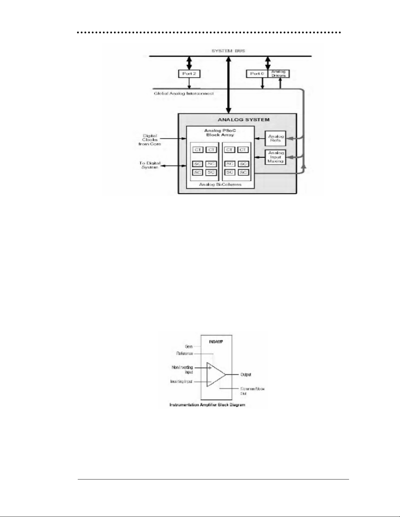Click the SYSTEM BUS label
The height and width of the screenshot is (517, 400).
228,51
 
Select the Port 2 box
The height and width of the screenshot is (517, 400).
189,74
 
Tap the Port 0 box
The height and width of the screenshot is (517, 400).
257,74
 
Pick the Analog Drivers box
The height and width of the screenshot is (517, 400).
279,74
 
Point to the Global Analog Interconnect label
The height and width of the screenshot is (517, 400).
184,94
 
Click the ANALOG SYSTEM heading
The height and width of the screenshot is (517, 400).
244,119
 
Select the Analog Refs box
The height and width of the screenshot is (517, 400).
276,138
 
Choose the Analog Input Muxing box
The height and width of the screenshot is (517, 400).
276,157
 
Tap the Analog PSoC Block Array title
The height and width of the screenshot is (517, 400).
220,132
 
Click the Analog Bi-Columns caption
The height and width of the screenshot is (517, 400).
220,184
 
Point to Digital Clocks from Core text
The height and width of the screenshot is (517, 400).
150,140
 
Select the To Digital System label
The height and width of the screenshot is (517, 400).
150,165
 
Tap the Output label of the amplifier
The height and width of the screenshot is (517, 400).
246,374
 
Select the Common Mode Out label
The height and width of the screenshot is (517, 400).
252,391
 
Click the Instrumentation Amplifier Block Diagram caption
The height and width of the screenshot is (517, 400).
207,405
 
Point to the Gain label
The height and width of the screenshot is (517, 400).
189,346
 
